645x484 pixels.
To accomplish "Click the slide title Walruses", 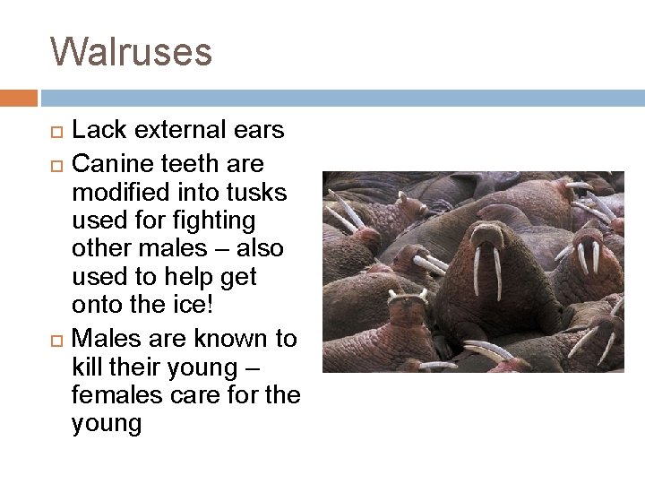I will tap(132, 51).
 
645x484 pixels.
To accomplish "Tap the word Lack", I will tap(96, 130).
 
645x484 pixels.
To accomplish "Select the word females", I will tap(112, 393).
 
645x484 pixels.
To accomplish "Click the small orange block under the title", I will tap(18, 95).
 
